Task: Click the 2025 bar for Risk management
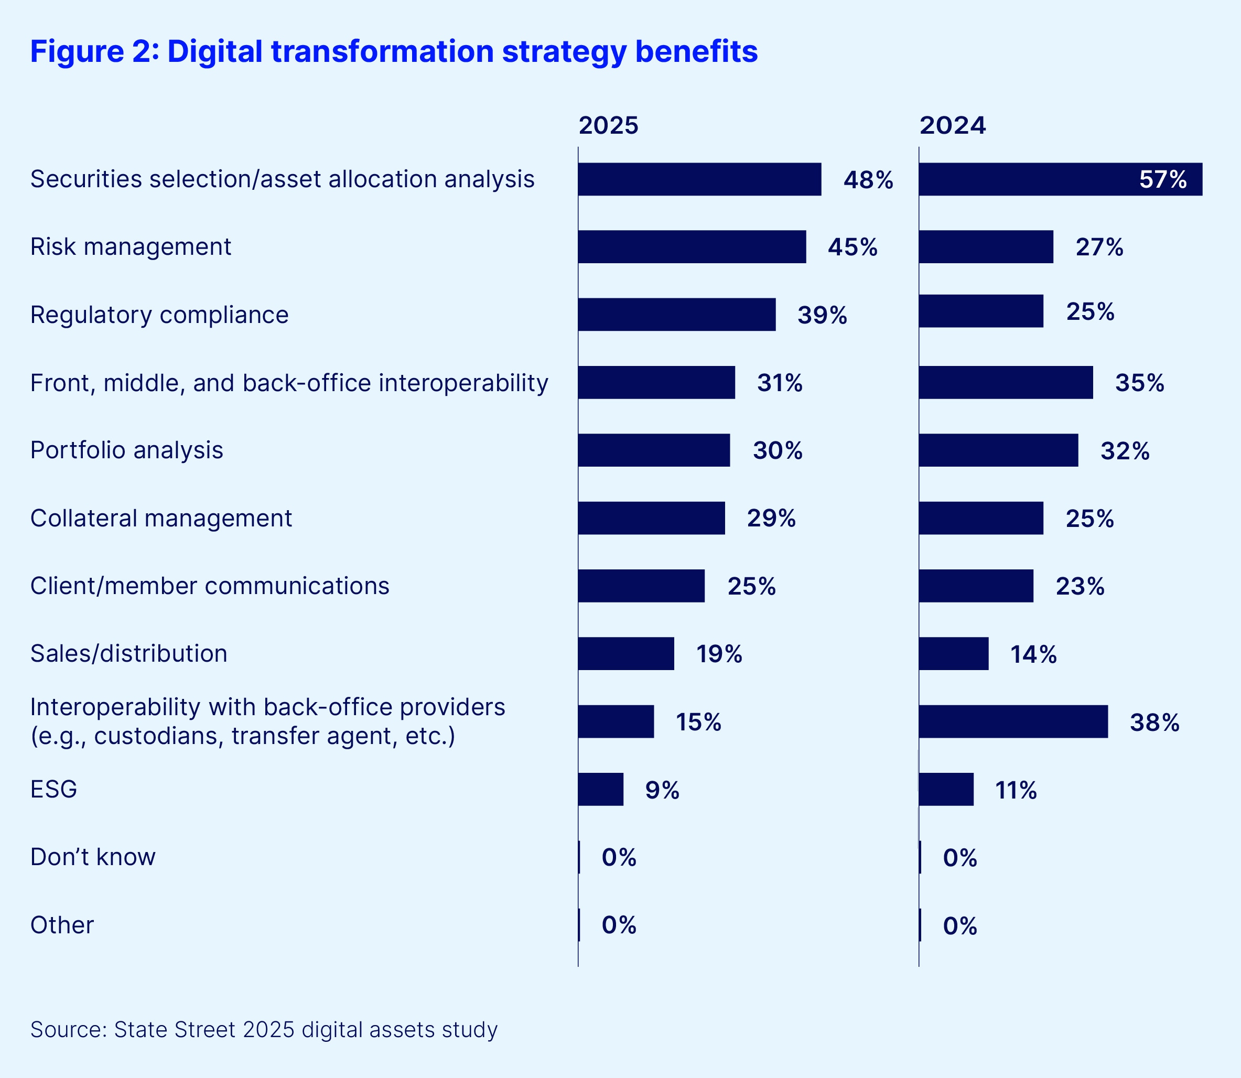(x=692, y=246)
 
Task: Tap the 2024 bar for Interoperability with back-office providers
(x=1013, y=721)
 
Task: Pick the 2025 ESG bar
(x=600, y=789)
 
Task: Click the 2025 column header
(x=608, y=126)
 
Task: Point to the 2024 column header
(x=952, y=126)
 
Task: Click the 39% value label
(x=822, y=315)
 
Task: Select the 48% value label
(x=868, y=180)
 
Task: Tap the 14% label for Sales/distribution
(x=1033, y=654)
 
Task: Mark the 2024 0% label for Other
(x=959, y=926)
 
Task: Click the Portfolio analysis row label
(x=126, y=450)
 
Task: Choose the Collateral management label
(x=160, y=518)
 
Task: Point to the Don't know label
(x=93, y=857)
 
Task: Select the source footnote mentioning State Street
(x=264, y=1029)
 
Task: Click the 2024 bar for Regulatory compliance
(x=980, y=311)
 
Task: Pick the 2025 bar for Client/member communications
(x=641, y=586)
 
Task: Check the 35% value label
(x=1139, y=383)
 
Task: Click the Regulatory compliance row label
(x=159, y=315)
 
